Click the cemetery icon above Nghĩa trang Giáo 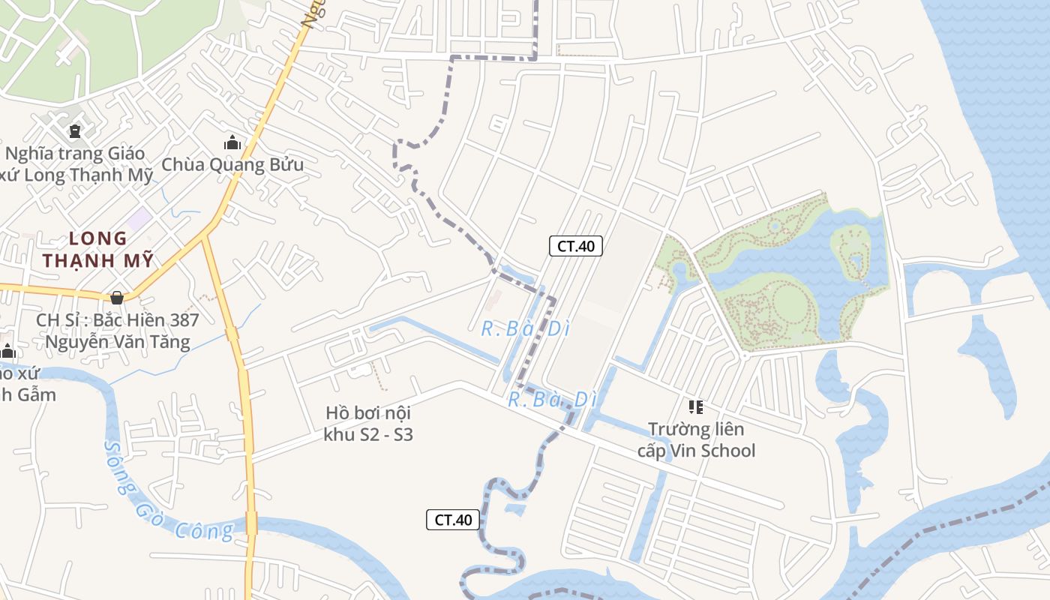coord(74,132)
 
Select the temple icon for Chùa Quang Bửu coord(232,142)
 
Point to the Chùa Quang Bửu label coord(232,164)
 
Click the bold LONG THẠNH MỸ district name coord(98,250)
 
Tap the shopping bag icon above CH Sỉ coord(116,298)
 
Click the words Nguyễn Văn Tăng coord(118,342)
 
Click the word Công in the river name coord(204,531)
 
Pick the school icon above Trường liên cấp coord(696,407)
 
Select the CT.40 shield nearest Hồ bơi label coord(453,520)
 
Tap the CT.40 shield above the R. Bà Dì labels coord(576,245)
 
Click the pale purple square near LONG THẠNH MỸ coord(139,220)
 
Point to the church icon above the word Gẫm coord(7,351)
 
